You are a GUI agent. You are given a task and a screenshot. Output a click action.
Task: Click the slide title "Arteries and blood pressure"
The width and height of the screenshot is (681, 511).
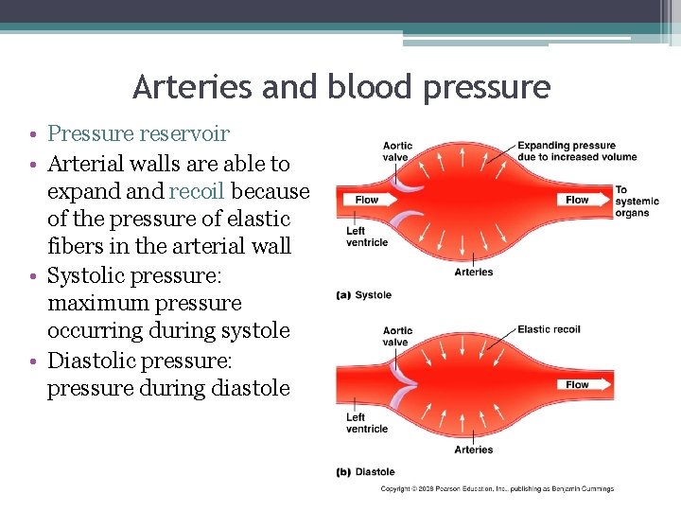(x=341, y=87)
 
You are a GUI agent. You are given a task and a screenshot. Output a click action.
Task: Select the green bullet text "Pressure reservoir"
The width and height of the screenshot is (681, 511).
(x=138, y=134)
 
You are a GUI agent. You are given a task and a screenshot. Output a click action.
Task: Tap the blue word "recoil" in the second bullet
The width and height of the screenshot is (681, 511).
(x=196, y=191)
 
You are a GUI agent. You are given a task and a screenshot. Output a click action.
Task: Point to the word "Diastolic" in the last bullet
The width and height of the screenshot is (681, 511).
(x=92, y=361)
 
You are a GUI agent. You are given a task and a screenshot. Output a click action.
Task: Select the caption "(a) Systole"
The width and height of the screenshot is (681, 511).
(x=364, y=295)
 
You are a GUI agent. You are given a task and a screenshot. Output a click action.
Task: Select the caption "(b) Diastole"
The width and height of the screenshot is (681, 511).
(x=366, y=471)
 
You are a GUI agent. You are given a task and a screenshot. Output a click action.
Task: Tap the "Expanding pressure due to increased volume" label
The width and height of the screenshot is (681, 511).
(x=576, y=151)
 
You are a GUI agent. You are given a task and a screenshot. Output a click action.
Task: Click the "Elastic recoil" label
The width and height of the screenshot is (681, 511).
(x=549, y=329)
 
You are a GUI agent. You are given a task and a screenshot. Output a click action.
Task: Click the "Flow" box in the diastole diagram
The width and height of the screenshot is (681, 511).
(x=577, y=384)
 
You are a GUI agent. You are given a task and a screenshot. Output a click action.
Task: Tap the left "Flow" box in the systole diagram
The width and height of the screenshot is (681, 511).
(x=366, y=200)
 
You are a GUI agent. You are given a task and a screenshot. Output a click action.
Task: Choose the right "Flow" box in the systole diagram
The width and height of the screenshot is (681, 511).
(x=577, y=200)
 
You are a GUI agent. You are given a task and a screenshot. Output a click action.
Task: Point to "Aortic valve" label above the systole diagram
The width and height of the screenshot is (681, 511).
(x=397, y=151)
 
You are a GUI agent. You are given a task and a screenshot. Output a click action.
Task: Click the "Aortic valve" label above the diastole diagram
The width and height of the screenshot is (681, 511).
(x=397, y=337)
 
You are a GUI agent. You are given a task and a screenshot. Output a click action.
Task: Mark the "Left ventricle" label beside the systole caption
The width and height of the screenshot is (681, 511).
(x=367, y=236)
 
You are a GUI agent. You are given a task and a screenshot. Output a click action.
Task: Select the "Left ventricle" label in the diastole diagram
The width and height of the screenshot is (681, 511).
(x=367, y=422)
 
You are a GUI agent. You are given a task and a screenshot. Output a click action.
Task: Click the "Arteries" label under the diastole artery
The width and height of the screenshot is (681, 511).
(x=473, y=449)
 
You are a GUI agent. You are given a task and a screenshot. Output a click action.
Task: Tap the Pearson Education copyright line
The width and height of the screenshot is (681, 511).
(x=497, y=489)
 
